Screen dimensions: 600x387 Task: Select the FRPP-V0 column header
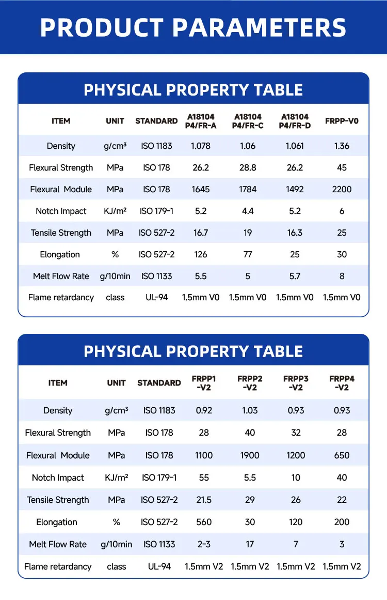(x=342, y=121)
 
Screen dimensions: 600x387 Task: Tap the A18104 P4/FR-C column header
(x=248, y=121)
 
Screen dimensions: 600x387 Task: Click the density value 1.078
(x=201, y=146)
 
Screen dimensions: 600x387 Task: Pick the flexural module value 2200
(x=342, y=189)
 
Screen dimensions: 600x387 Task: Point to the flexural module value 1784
(x=248, y=189)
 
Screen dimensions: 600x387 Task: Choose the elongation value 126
(x=201, y=254)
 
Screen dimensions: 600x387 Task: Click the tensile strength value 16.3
(x=295, y=233)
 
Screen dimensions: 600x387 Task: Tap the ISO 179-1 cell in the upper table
(x=156, y=211)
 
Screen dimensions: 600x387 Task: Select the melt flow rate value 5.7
(x=295, y=276)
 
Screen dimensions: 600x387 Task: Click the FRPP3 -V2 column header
(x=296, y=383)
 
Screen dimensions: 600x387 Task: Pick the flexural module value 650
(x=342, y=455)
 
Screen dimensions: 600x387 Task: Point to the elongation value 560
(x=204, y=522)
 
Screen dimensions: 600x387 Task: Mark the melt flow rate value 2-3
(x=204, y=544)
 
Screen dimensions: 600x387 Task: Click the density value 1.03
(x=250, y=410)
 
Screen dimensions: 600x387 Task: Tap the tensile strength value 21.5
(x=204, y=500)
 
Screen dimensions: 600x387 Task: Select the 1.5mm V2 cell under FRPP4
(x=342, y=566)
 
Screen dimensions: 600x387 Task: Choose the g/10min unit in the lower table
(x=117, y=544)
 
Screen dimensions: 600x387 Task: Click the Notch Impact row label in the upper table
(x=61, y=211)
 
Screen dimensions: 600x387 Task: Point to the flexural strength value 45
(x=342, y=167)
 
